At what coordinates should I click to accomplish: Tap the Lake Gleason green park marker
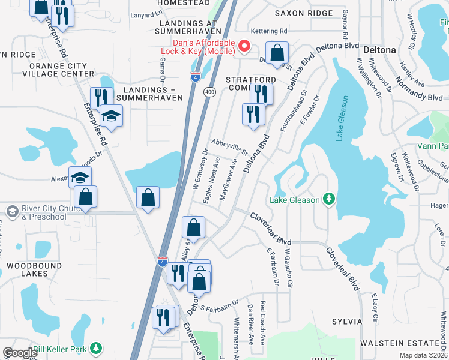coord(328,199)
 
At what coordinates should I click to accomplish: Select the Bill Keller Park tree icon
coord(95,349)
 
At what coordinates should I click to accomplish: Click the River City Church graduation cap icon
coord(12,211)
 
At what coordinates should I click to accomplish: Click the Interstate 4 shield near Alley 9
coord(163,262)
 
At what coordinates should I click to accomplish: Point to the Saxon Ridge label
coord(304,13)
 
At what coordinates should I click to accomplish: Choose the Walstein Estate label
coord(400,343)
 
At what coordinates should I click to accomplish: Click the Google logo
coord(20,353)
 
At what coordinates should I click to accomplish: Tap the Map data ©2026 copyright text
coord(423,355)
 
